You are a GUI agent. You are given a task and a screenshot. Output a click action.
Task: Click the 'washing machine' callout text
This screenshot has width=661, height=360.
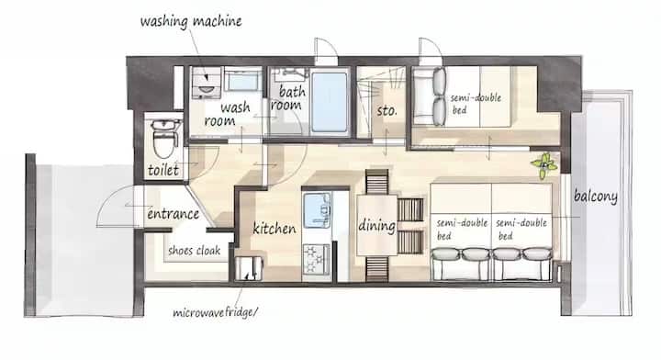point(191,21)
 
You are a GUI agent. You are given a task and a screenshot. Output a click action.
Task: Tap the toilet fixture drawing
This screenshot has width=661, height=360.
point(165,138)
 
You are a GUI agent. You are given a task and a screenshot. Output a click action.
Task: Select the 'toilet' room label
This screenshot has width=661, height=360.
point(163,170)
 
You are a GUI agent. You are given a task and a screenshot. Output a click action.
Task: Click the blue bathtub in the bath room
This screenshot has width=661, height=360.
point(330,102)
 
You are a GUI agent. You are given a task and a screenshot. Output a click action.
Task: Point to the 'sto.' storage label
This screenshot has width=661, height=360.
point(387,111)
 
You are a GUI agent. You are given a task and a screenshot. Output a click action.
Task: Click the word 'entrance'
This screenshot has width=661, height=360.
point(173,214)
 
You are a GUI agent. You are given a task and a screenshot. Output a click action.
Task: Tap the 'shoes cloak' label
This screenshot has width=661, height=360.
point(195,251)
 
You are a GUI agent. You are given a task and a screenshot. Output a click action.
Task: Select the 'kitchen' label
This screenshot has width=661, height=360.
point(274,229)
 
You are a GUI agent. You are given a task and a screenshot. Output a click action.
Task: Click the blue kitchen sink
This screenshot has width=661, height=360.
point(317,210)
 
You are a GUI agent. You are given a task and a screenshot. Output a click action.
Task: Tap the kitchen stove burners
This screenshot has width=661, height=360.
point(316,258)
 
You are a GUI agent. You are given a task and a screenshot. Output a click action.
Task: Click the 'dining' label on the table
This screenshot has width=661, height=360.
point(377,226)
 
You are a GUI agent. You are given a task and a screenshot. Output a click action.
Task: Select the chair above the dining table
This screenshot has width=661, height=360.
point(377,182)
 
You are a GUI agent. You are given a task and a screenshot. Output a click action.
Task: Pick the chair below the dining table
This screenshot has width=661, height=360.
point(377,269)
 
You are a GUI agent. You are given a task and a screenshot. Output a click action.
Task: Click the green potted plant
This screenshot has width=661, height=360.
point(544,164)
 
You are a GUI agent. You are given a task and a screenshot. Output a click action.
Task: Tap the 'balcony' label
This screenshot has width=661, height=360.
point(595,197)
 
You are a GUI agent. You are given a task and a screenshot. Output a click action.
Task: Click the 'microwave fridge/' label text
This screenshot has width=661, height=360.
point(215,312)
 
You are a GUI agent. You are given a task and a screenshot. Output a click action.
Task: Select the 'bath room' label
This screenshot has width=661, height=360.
point(288,97)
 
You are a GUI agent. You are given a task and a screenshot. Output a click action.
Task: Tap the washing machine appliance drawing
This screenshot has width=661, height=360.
point(207,83)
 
